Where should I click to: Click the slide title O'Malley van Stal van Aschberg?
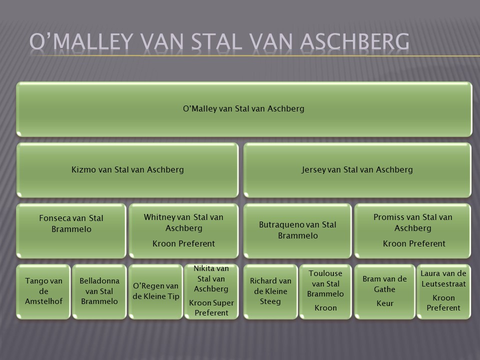[219, 41]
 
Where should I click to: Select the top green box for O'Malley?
[244, 109]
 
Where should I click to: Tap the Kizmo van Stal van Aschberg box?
[127, 170]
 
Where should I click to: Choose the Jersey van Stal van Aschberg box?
[357, 170]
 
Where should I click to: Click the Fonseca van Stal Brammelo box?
[71, 231]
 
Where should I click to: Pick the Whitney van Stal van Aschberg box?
[183, 231]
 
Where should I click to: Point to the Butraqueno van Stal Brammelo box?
[297, 231]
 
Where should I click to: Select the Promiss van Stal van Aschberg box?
[412, 231]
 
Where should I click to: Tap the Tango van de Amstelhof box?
[43, 291]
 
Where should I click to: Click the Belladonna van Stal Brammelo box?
[99, 291]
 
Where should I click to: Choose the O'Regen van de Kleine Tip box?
[156, 291]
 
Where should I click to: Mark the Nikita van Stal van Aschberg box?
[211, 291]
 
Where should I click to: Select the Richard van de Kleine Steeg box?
[270, 291]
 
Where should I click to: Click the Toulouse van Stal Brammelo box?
[325, 291]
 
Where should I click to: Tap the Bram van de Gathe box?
[385, 291]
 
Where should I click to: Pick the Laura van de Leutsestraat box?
[443, 291]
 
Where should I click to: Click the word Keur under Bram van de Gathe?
[385, 303]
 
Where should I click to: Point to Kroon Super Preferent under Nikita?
[211, 307]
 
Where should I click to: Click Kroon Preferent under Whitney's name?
[183, 243]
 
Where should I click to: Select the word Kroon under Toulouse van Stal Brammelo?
[325, 308]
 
